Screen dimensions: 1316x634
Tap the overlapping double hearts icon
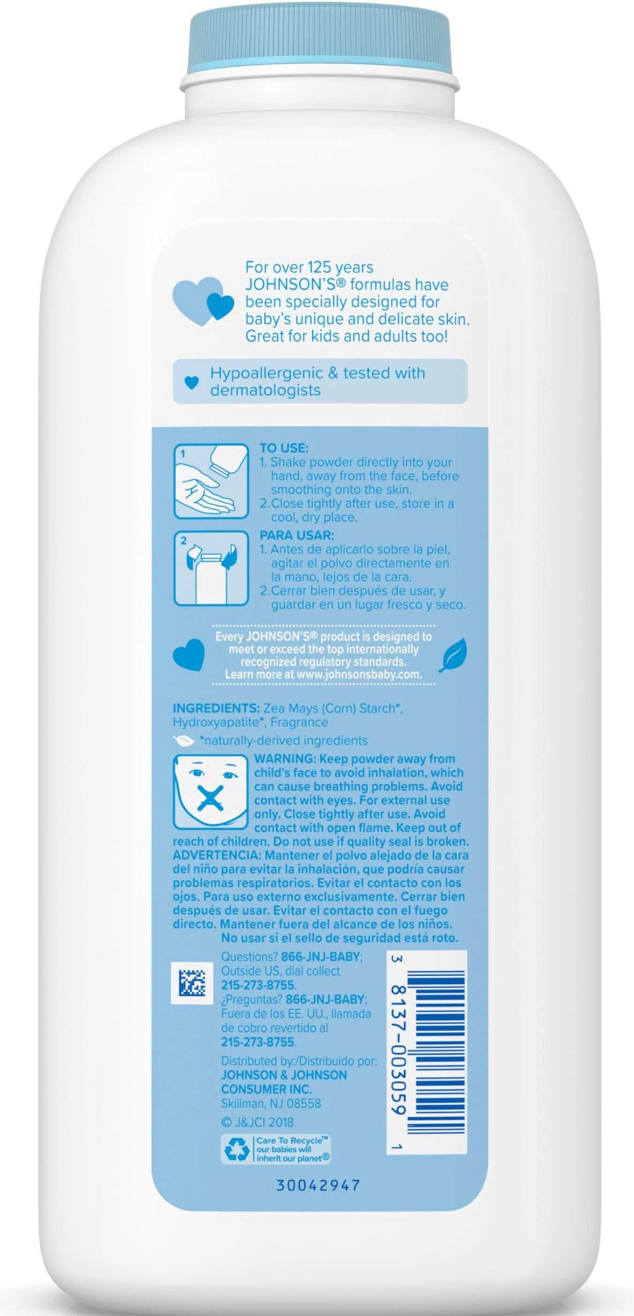tap(203, 300)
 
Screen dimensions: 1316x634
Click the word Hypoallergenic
tap(268, 373)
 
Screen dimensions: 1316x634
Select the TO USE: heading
tap(284, 448)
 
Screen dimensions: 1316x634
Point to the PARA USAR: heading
tap(296, 535)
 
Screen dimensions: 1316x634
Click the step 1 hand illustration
tap(211, 481)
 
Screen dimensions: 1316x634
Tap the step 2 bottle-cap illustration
tap(211, 568)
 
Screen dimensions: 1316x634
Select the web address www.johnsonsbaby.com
tap(359, 674)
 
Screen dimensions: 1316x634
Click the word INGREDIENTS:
tap(216, 708)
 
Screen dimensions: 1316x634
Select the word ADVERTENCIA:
tap(217, 855)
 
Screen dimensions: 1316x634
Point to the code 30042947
tap(318, 1185)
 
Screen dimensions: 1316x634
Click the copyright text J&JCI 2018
tap(258, 1122)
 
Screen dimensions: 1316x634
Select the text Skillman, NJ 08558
tap(271, 1103)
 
